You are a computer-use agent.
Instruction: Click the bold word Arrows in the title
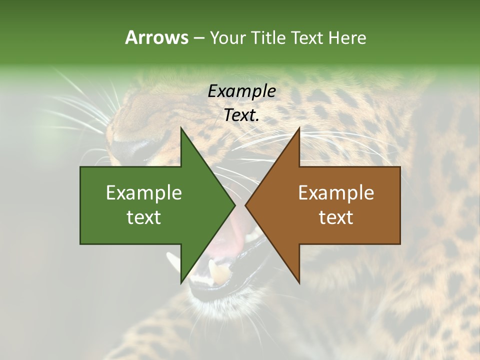click(156, 37)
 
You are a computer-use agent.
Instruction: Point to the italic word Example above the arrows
click(241, 91)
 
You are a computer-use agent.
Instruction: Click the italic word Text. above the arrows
click(241, 115)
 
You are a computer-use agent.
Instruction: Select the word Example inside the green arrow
click(143, 193)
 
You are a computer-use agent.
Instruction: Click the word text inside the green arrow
click(143, 217)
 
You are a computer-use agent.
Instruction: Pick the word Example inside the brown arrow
click(336, 193)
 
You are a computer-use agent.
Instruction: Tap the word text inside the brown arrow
click(336, 217)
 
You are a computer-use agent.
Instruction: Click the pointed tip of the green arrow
click(235, 205)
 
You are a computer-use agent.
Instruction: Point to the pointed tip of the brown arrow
click(245, 205)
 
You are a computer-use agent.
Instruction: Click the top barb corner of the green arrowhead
click(181, 128)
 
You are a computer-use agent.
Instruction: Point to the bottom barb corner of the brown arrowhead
click(299, 283)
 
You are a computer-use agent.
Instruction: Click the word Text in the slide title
click(308, 37)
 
